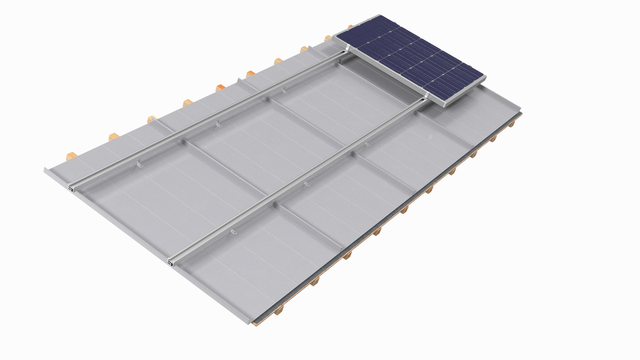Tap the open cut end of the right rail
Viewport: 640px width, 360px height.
[171, 263]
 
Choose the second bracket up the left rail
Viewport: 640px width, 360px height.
[218, 124]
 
